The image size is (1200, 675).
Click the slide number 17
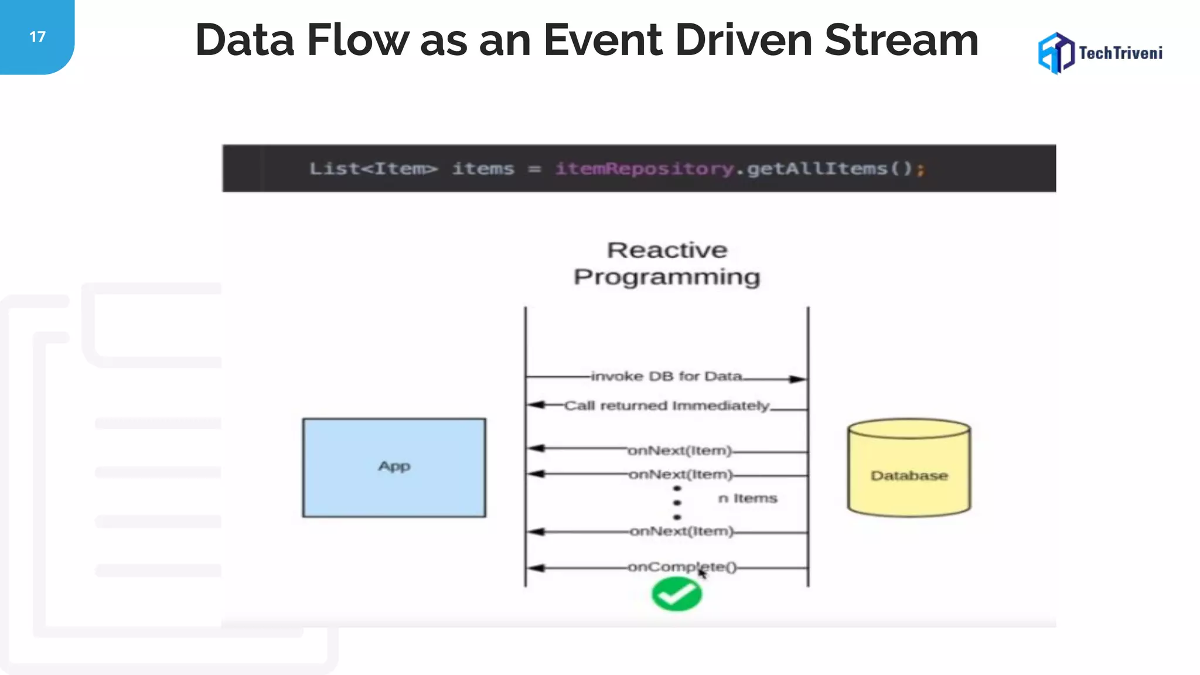pos(37,37)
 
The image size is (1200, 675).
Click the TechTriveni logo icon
pos(1056,53)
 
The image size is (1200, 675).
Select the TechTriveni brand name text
pos(1120,53)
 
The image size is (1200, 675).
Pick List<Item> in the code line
pos(373,169)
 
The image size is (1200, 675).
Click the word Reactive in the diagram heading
pos(667,250)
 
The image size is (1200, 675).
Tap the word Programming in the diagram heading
pos(667,277)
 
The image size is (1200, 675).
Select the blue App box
pos(394,467)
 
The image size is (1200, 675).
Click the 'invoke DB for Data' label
pos(667,376)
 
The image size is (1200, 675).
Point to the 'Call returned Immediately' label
pos(667,405)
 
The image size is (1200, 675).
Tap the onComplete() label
pos(682,567)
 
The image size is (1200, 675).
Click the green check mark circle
pos(677,594)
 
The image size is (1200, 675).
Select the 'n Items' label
pos(748,498)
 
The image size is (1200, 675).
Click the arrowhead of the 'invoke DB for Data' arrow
pos(797,379)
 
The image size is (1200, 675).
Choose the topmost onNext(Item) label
pos(680,451)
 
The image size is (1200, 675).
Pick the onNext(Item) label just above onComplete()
pos(681,531)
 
